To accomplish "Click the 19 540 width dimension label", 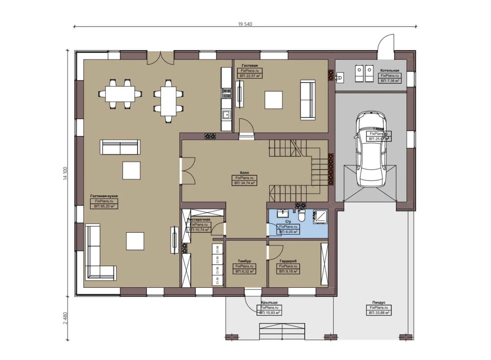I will [x=245, y=24].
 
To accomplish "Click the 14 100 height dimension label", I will [x=65, y=173].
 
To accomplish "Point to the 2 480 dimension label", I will [x=65, y=318].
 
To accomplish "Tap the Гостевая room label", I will [x=250, y=66].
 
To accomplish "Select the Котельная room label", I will [x=389, y=71].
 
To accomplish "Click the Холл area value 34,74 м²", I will [x=245, y=183].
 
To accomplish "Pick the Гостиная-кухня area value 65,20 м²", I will [x=104, y=206].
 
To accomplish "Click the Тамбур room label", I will [x=244, y=261].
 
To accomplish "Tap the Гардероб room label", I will [x=288, y=261].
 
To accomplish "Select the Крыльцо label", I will [x=269, y=303].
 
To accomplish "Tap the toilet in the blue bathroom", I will [x=302, y=216].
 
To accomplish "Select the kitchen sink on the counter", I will [x=226, y=115].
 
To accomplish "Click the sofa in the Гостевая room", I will [x=308, y=99].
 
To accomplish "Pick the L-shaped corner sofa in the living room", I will [x=97, y=257].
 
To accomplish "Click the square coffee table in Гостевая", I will [x=273, y=100].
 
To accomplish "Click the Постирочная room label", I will [x=199, y=219].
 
